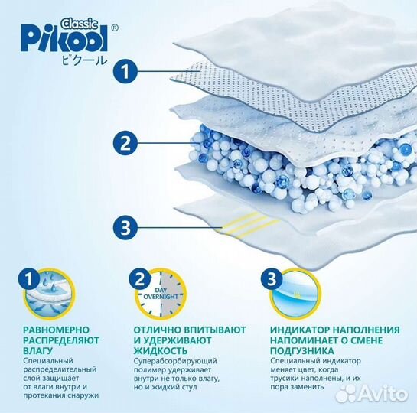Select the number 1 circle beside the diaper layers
click(x=128, y=72)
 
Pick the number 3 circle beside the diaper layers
click(x=128, y=226)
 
